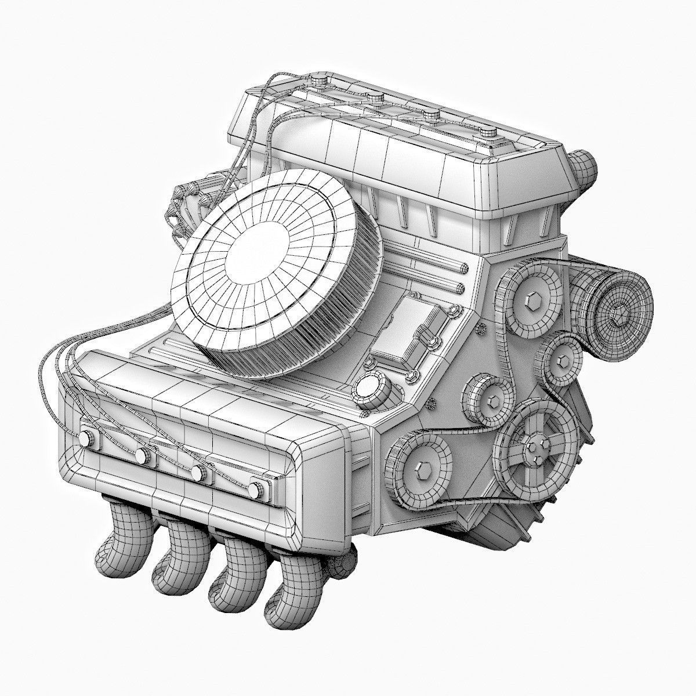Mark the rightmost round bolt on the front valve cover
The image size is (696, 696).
(255, 491)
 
